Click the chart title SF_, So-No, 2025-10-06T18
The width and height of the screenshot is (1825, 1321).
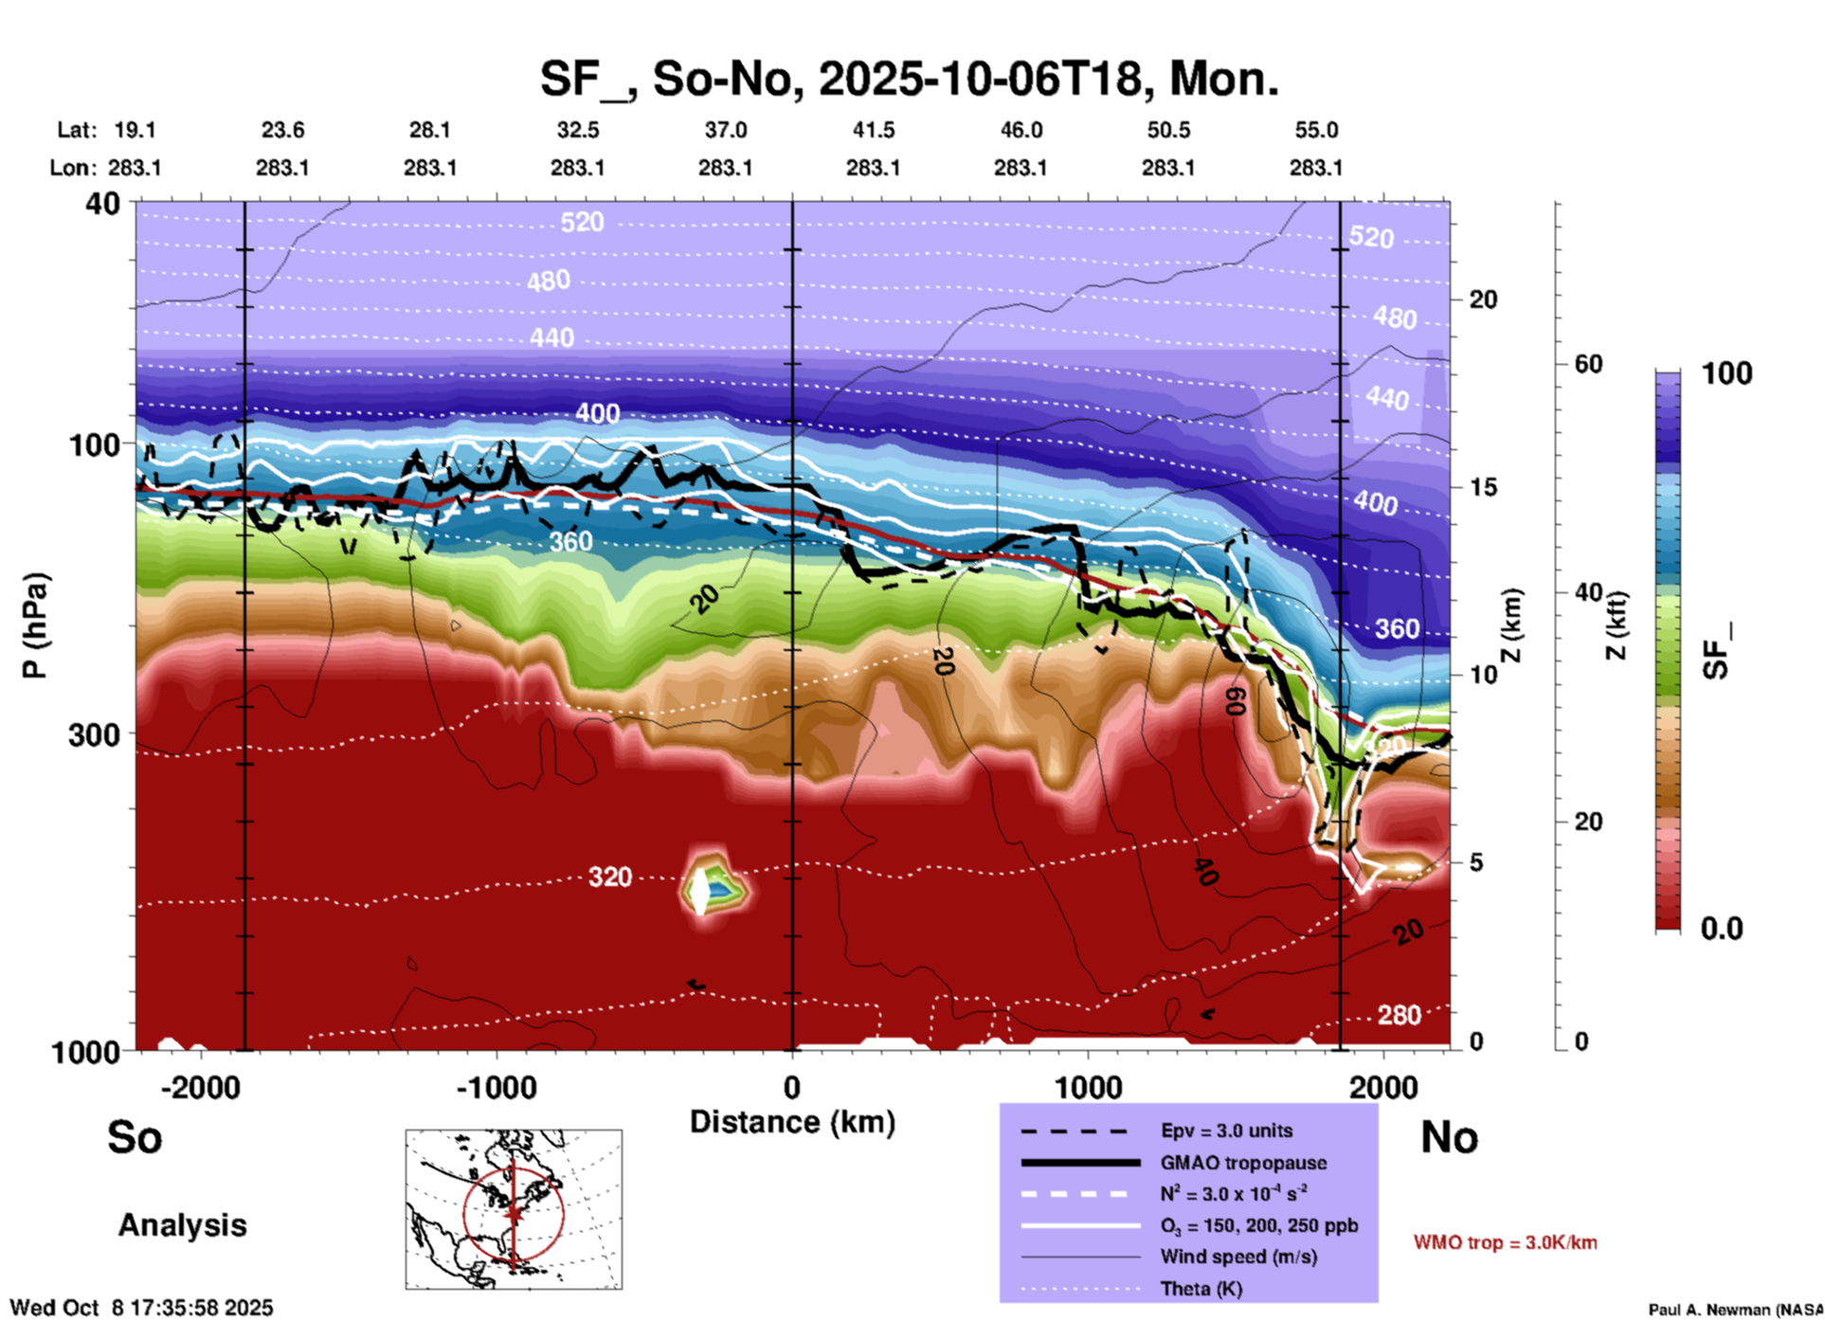tap(909, 79)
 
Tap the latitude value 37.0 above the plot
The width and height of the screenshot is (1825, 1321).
tap(725, 130)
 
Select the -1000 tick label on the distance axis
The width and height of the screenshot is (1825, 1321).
tap(496, 1087)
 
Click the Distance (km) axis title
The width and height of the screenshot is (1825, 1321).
tap(792, 1122)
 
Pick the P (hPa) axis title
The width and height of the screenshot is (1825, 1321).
tap(35, 625)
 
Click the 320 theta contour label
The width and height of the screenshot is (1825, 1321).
tap(609, 877)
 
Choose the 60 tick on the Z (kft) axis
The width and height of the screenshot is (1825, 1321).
tap(1588, 364)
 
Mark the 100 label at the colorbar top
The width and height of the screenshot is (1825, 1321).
tap(1726, 373)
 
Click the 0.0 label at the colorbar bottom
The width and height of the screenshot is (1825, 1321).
tap(1722, 929)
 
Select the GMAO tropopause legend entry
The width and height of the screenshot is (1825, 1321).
tap(1243, 1163)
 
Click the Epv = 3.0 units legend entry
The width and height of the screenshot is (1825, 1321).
tap(1226, 1131)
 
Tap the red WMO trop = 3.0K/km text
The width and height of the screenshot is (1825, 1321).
tap(1505, 1242)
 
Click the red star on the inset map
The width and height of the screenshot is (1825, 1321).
tap(514, 1212)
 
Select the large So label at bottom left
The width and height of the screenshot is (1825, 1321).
tap(135, 1137)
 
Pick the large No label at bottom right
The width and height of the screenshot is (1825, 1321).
tap(1449, 1137)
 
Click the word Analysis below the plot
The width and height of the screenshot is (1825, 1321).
tap(182, 1225)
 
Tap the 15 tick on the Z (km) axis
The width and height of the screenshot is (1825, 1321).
tap(1483, 487)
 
